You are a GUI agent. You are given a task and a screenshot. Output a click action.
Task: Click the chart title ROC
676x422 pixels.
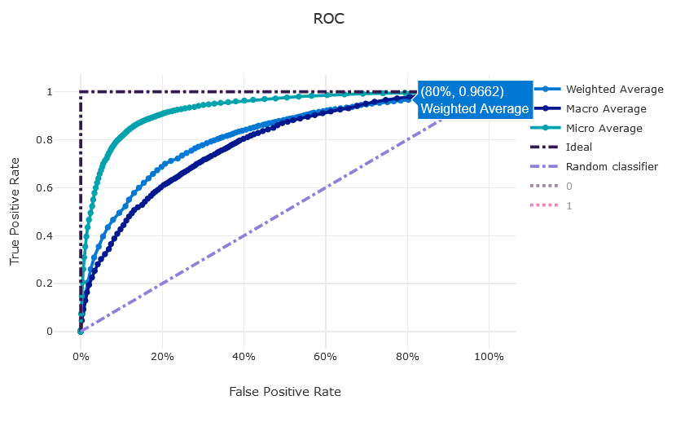point(329,19)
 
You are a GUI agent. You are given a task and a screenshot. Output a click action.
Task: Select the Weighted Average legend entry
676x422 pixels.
point(614,90)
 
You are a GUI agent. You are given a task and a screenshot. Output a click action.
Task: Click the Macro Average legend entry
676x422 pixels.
point(606,109)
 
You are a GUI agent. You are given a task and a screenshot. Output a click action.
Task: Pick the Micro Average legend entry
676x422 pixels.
point(604,129)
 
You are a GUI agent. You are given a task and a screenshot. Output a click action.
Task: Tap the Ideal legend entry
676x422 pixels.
point(579,147)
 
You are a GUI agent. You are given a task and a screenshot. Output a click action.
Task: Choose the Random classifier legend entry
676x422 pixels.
point(612,167)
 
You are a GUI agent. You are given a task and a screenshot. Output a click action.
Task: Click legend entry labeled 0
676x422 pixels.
point(569,187)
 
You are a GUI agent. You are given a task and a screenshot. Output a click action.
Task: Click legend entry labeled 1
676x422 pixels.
point(569,206)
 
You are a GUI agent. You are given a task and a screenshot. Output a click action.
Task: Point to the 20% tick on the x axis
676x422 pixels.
point(162,357)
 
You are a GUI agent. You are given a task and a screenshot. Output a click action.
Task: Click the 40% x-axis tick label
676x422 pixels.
point(244,357)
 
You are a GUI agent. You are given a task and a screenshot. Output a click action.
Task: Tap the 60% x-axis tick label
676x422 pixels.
point(326,357)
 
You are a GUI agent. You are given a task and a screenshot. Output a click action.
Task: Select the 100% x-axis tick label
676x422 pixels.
point(489,357)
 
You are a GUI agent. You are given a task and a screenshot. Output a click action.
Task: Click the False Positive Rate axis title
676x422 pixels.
point(285,392)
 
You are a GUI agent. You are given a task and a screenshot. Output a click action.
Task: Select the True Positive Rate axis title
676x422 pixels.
point(15,212)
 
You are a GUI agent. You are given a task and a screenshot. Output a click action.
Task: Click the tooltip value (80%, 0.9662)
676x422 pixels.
point(463,91)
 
